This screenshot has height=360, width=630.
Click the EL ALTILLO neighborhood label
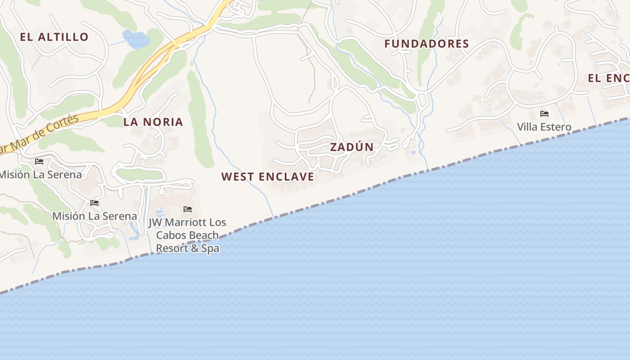[54, 37]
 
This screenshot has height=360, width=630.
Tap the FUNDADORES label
[427, 44]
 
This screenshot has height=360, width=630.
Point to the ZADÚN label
[352, 147]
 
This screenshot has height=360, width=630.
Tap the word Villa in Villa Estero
[527, 127]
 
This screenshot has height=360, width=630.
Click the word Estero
[556, 127]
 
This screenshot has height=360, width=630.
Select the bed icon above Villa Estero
[544, 114]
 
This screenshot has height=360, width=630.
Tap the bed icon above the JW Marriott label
[188, 209]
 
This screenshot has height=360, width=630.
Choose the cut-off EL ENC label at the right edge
[608, 78]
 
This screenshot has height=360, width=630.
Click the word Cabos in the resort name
[171, 235]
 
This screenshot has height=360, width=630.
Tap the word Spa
[210, 248]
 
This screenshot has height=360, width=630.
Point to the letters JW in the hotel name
[156, 222]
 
